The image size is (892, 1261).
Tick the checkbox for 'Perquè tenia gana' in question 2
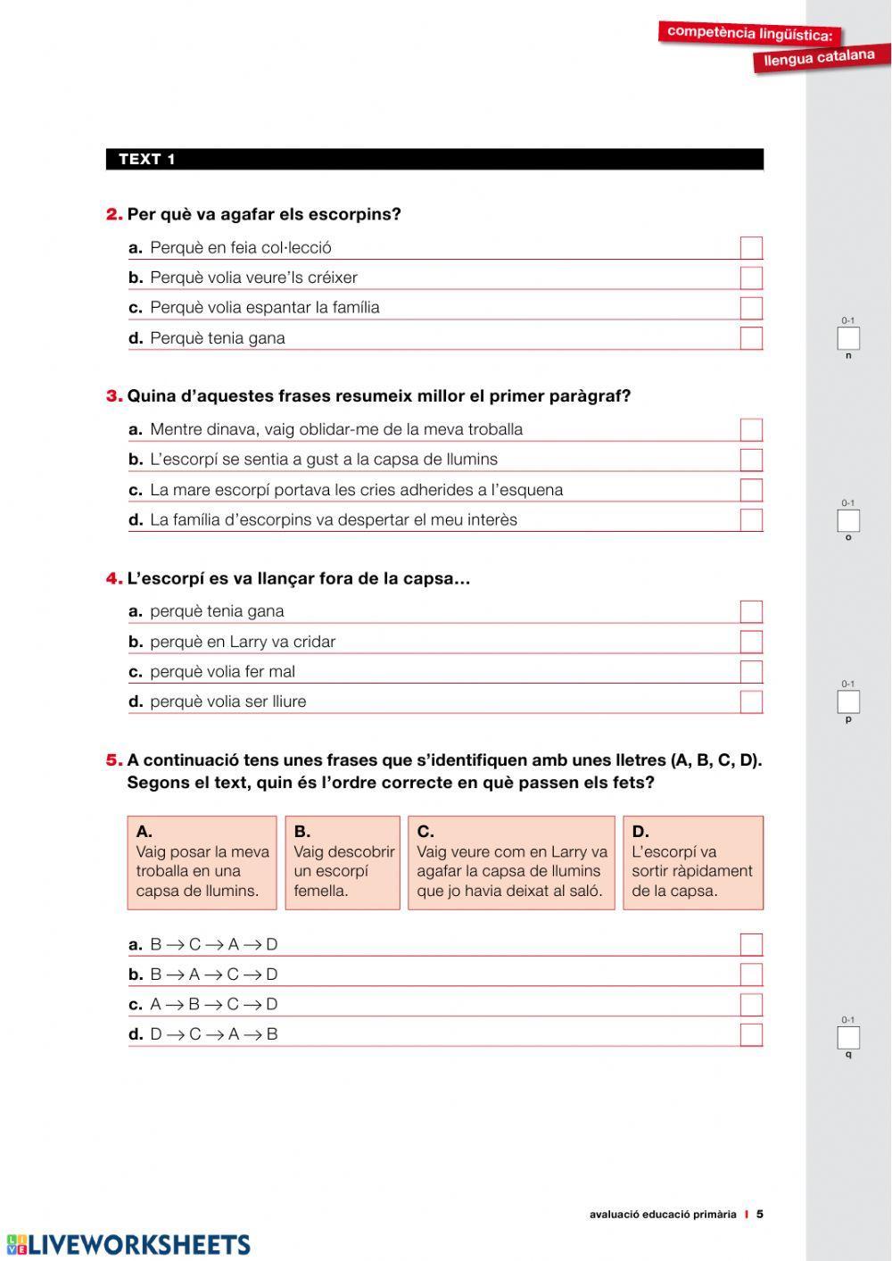pos(751,338)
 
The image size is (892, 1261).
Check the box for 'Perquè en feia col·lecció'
pos(751,248)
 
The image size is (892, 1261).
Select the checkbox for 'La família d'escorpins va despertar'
pos(751,520)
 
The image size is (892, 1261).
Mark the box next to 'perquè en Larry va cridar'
pos(751,642)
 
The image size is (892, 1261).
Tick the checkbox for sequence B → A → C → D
pos(751,975)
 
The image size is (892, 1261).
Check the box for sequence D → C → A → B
pos(751,1035)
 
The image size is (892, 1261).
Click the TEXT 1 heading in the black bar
pos(147,160)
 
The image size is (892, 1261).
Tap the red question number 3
pos(114,396)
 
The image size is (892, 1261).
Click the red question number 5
pos(114,760)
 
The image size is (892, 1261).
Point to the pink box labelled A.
pos(202,863)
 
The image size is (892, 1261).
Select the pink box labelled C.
pos(511,863)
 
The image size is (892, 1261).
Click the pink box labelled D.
pos(692,863)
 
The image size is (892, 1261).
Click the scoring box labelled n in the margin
pos(847,339)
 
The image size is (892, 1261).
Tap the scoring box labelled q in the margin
pos(847,1038)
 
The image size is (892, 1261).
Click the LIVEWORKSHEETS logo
pos(129,1244)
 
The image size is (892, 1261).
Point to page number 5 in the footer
pos(760,1214)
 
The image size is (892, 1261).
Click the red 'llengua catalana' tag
pos(819,58)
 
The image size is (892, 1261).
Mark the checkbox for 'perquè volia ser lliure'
pos(751,702)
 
